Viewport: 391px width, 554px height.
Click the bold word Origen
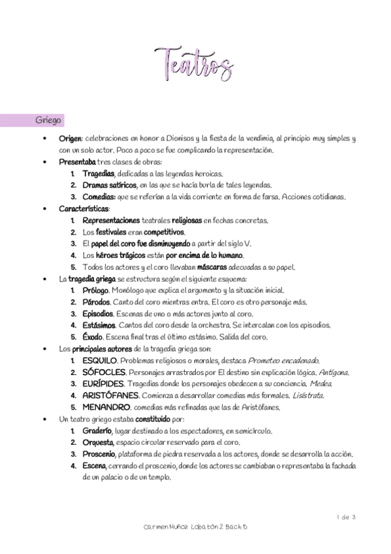tap(70, 139)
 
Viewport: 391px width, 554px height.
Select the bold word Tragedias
tap(99, 174)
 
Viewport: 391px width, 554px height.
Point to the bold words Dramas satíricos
tap(110, 186)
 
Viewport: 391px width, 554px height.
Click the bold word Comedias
tap(99, 197)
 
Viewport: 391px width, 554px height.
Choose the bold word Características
tap(84, 209)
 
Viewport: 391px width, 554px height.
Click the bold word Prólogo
tap(96, 290)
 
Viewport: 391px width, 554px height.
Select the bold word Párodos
tap(97, 302)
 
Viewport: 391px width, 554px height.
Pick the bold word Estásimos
tap(99, 325)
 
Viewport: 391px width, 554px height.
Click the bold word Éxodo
tap(94, 337)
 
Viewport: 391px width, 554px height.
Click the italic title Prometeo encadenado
tap(284, 361)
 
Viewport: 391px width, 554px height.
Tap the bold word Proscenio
tap(99, 454)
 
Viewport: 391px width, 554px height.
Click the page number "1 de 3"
tap(346, 517)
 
